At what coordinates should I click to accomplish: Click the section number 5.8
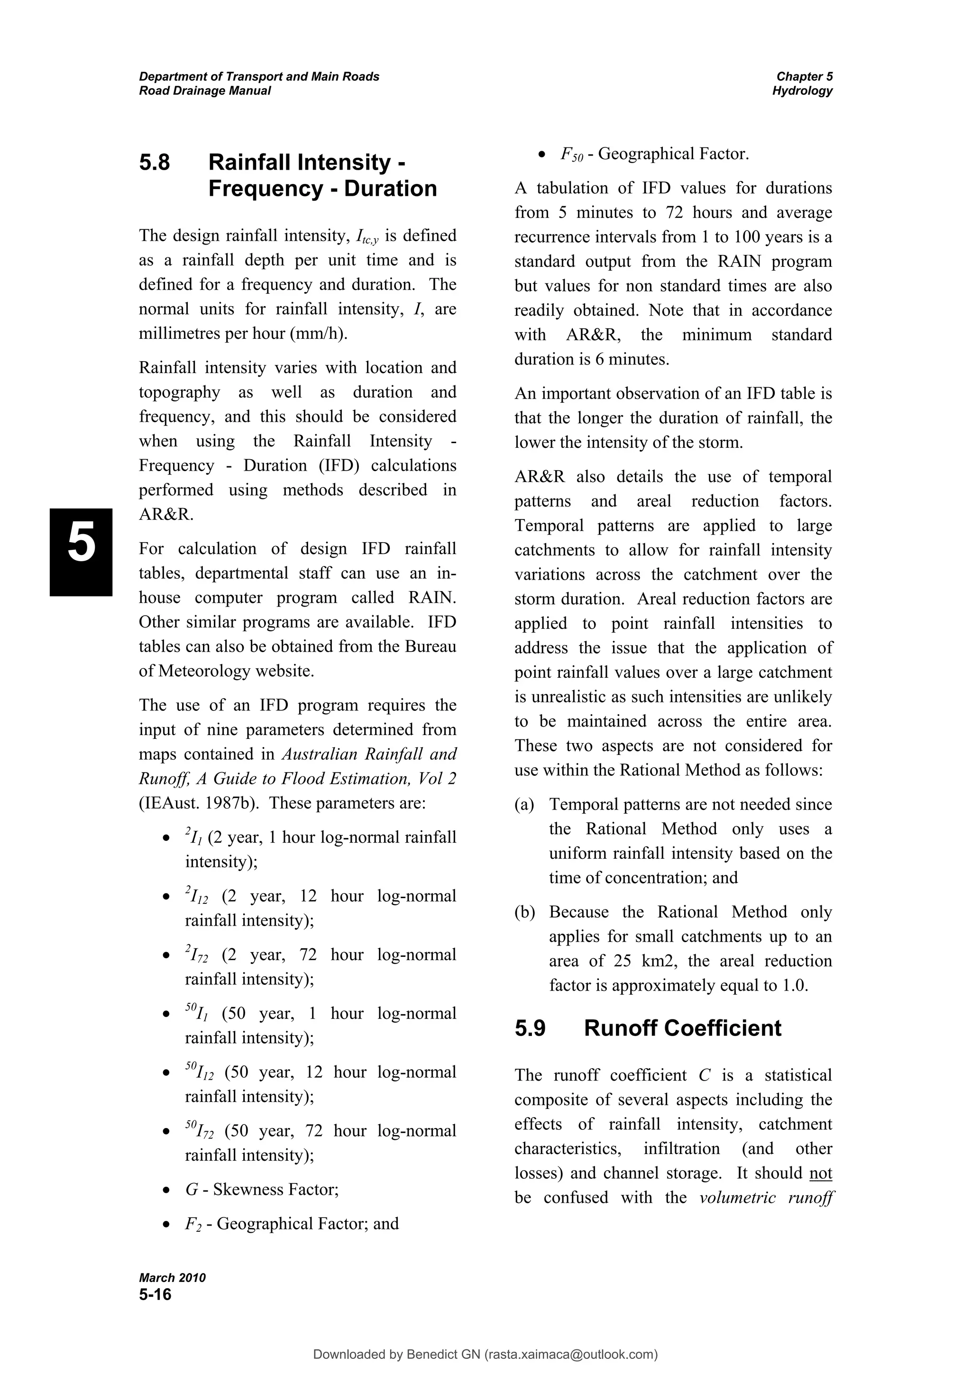coord(155,163)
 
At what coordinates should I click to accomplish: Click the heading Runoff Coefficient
coord(682,1028)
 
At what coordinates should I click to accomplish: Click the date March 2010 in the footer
coord(172,1278)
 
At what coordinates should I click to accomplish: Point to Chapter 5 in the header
coord(804,77)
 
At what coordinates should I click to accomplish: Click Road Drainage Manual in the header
coord(205,91)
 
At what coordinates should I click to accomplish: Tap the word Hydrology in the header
coord(802,91)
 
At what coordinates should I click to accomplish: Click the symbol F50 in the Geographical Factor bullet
coord(571,155)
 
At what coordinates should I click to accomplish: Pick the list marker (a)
coord(524,805)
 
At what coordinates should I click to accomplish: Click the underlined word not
coord(820,1173)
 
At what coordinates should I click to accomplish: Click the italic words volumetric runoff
coord(766,1198)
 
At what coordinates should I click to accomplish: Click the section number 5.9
coord(530,1028)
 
